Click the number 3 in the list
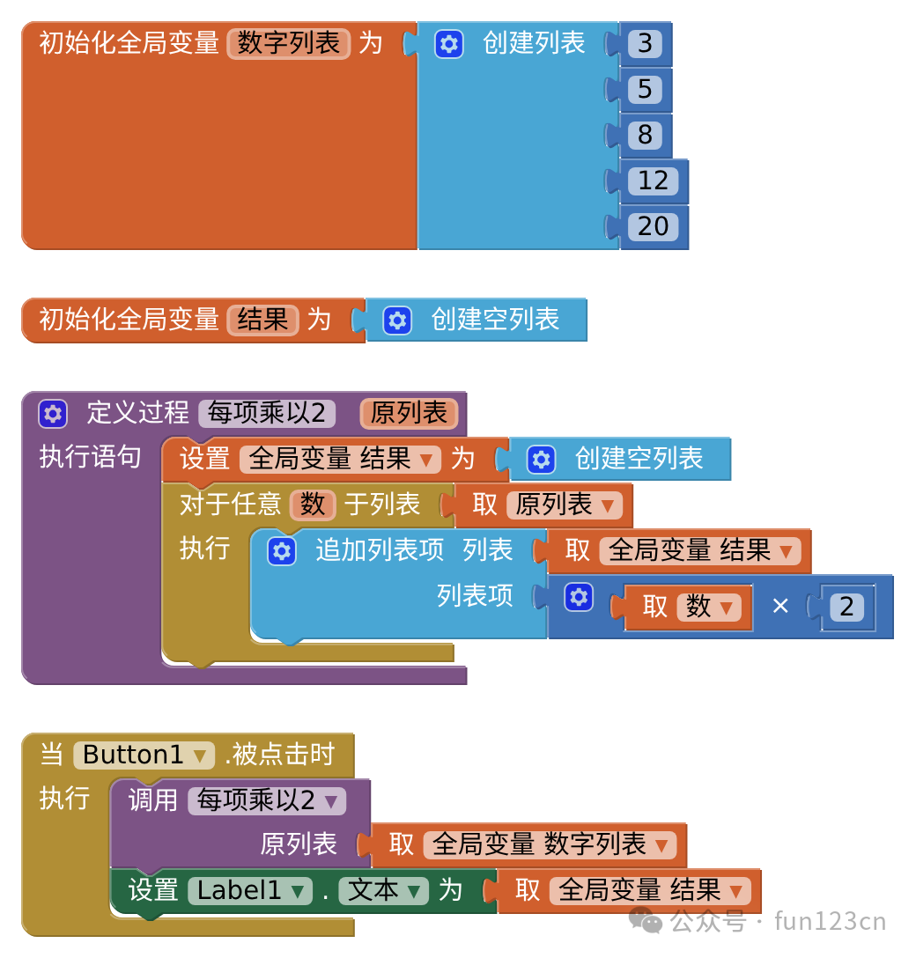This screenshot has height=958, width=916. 645,43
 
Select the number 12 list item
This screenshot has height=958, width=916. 653,181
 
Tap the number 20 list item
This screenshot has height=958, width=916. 653,226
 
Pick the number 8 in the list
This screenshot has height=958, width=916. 645,135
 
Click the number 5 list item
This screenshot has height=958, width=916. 645,89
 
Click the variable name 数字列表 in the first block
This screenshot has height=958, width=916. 288,43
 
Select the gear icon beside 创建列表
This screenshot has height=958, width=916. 449,44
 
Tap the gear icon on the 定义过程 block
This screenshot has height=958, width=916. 53,414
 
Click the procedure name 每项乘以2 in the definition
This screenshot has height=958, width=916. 267,413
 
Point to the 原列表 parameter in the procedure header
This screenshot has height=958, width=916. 409,413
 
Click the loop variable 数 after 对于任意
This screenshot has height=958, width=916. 313,505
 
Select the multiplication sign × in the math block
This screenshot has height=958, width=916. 780,606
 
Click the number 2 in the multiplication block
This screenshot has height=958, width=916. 846,607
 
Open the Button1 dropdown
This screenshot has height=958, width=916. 144,755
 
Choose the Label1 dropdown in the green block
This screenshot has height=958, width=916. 250,891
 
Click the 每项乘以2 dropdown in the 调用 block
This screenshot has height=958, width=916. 267,800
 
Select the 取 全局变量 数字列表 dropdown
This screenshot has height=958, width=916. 550,845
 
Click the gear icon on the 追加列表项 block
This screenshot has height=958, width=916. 282,551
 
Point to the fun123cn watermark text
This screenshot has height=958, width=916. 830,921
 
